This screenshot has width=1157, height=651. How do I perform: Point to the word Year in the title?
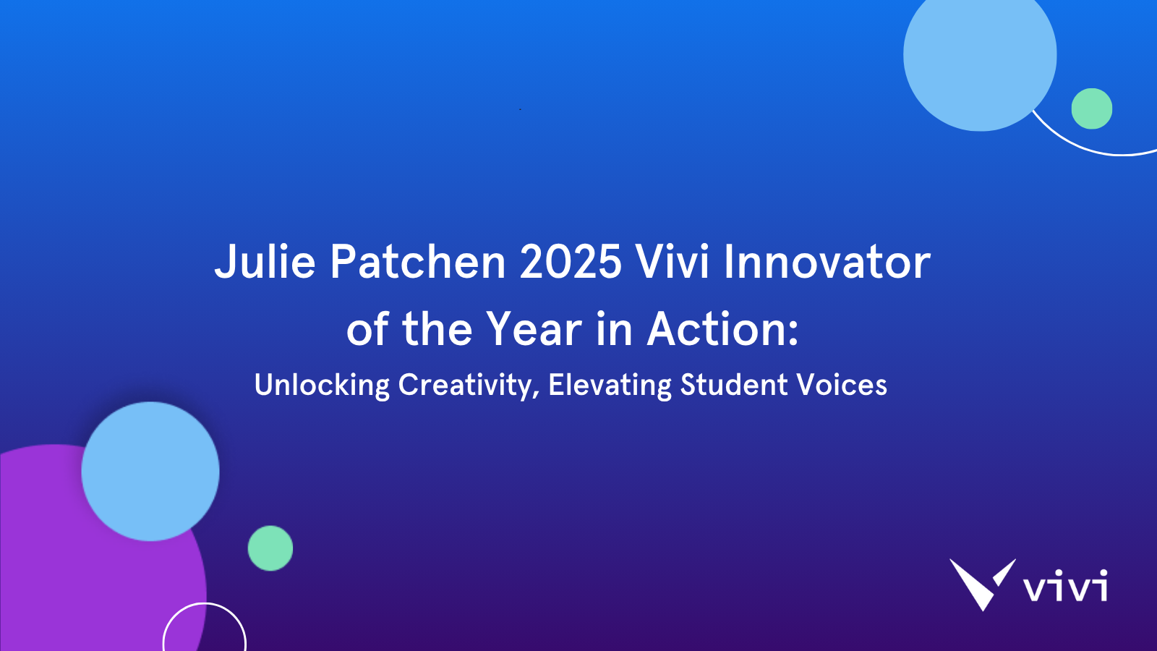tap(534, 329)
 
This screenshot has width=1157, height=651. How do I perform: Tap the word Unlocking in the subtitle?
tap(322, 385)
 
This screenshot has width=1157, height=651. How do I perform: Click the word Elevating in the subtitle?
tap(610, 385)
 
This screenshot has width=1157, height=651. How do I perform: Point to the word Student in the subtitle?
tap(733, 384)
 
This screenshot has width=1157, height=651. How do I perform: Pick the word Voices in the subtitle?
tap(842, 384)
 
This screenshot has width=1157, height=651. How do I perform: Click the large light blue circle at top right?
tap(980, 55)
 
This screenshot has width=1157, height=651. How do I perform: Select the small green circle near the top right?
tap(1092, 109)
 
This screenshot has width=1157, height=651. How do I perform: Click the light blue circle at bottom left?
tap(150, 471)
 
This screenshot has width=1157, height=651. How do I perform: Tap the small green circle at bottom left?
tap(270, 548)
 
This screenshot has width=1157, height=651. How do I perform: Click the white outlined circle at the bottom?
tap(205, 603)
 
